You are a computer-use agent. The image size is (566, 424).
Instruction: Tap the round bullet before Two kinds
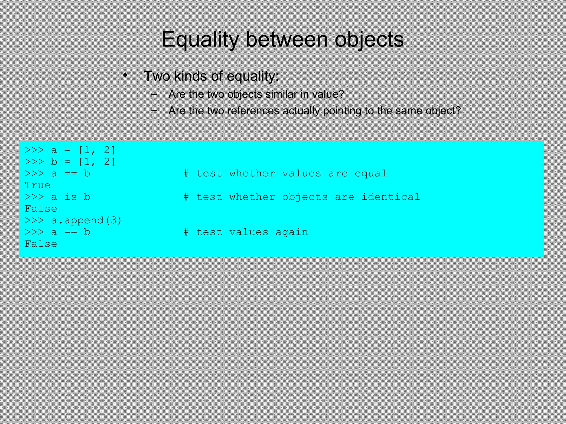(x=125, y=75)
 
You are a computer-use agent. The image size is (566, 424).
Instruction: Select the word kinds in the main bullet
(x=191, y=76)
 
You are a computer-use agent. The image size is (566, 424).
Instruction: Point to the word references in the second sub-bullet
(x=253, y=111)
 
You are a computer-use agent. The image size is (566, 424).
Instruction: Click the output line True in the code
(x=38, y=185)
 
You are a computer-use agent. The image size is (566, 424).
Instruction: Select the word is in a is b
(x=70, y=197)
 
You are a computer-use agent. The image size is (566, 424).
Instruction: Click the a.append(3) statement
(x=86, y=221)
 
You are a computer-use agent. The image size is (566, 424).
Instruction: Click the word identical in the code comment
(x=391, y=197)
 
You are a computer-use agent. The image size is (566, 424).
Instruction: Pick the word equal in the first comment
(x=371, y=174)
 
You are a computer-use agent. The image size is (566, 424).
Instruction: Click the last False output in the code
(x=41, y=244)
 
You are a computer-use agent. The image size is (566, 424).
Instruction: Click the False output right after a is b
(x=41, y=209)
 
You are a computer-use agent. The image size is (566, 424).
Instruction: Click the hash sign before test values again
(x=187, y=232)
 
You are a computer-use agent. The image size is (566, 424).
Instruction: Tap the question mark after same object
(x=458, y=111)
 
